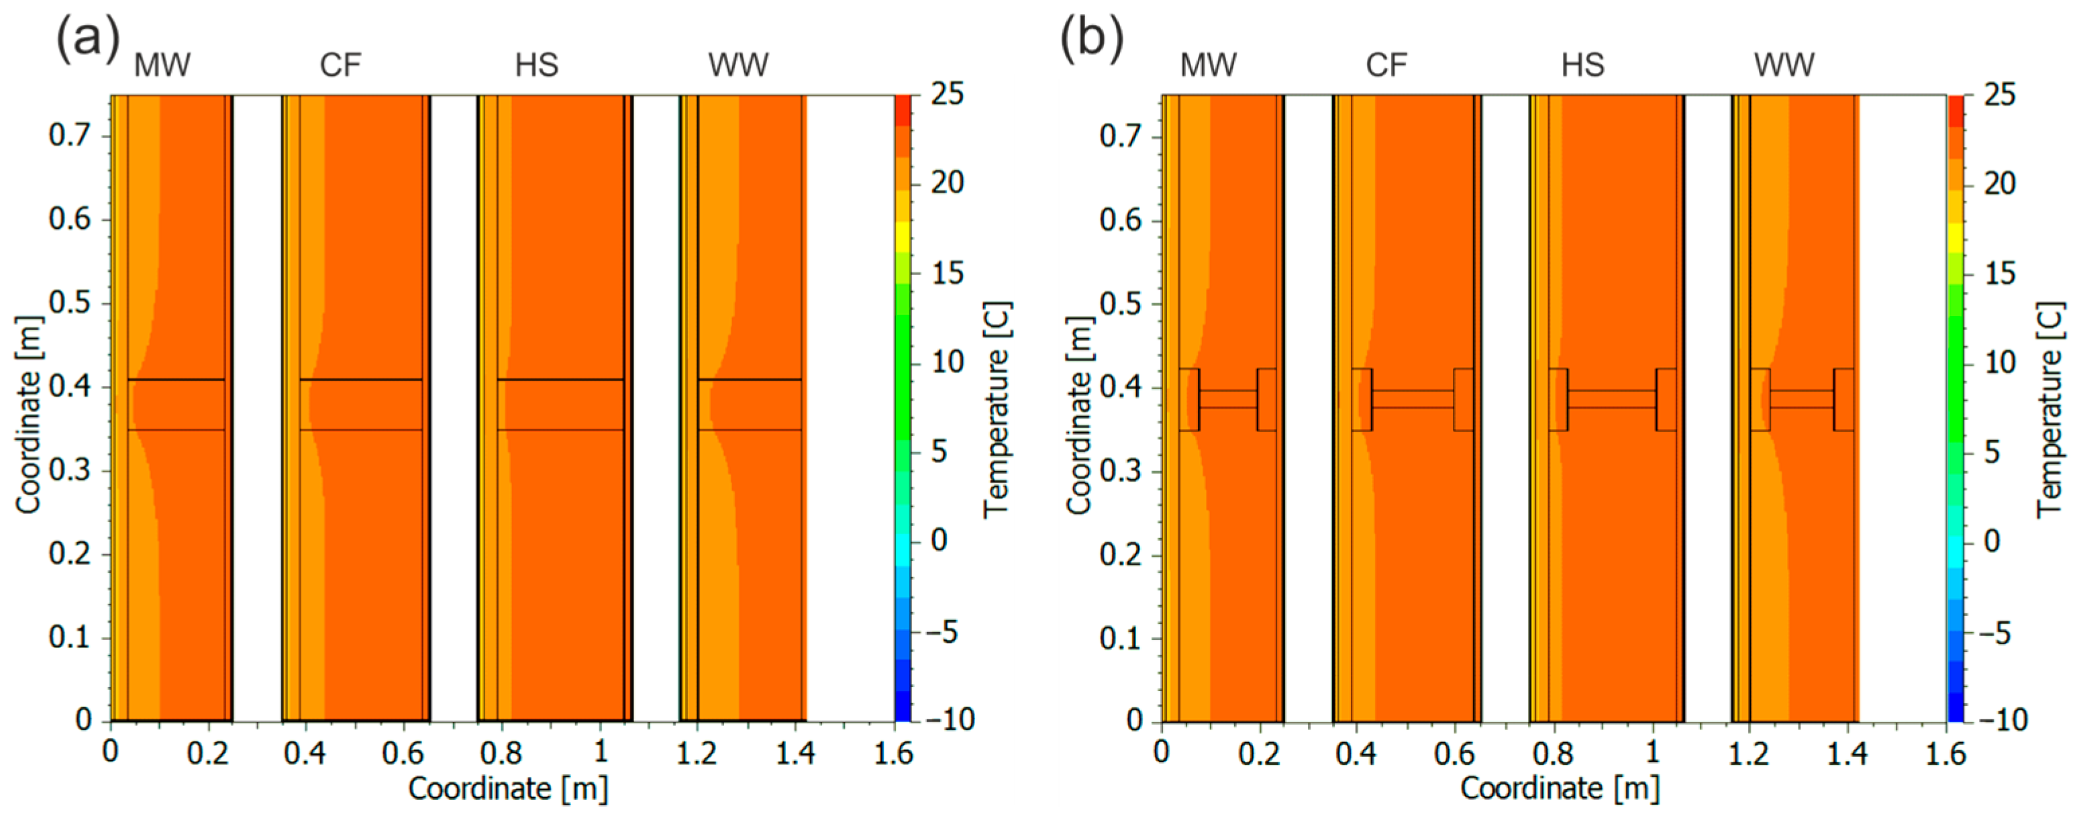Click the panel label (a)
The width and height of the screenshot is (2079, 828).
87,39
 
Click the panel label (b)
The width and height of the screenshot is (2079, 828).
1091,39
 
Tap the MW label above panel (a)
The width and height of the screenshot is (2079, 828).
162,65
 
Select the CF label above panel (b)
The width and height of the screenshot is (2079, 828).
1386,65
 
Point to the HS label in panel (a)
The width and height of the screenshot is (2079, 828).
537,65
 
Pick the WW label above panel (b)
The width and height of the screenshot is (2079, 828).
1784,65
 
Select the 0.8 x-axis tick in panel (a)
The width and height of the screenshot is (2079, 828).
501,753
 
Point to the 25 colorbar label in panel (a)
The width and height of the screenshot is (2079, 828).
948,95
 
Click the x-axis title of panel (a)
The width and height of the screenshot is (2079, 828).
507,788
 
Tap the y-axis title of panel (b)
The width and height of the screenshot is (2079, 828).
1079,415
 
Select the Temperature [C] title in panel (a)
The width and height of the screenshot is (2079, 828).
997,410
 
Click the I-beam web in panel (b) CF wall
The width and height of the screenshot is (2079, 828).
1413,399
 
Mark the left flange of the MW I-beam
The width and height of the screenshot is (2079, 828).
1188,399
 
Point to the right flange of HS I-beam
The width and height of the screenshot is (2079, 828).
1666,399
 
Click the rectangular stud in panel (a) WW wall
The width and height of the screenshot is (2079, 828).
750,405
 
